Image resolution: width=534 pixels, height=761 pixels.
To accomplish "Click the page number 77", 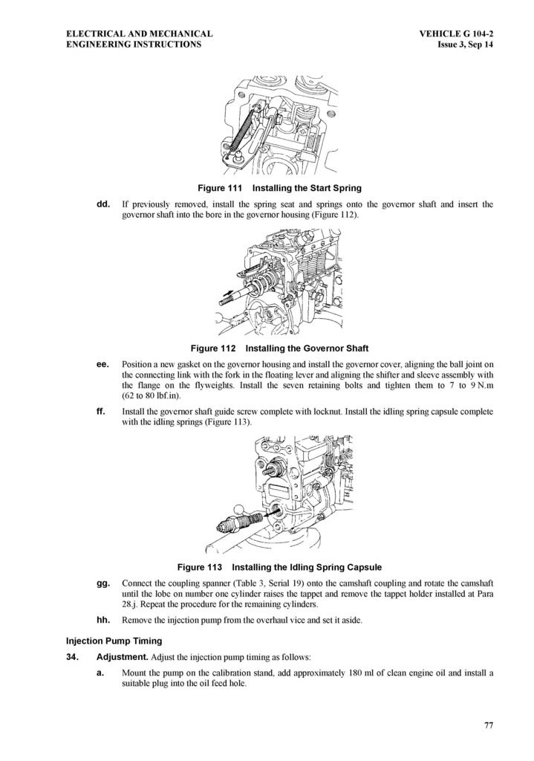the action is (x=489, y=725).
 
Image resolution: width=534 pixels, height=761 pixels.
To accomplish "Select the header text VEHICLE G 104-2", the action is (x=457, y=34).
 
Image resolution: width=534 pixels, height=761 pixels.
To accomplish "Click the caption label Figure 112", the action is (x=213, y=348).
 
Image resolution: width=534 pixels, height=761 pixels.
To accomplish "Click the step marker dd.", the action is (x=103, y=204).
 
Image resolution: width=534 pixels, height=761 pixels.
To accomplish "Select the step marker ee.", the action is (x=103, y=364).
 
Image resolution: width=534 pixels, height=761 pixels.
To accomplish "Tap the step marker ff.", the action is (x=101, y=412).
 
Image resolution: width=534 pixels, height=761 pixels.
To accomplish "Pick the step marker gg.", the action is (x=103, y=583).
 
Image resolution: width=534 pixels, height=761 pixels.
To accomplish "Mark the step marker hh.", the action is (x=103, y=620).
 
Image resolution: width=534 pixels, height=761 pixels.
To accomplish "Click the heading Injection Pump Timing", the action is (x=114, y=641).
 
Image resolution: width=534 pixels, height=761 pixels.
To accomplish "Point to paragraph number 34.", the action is (x=72, y=657).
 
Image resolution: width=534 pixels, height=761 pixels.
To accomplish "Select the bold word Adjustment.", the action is (x=123, y=657).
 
